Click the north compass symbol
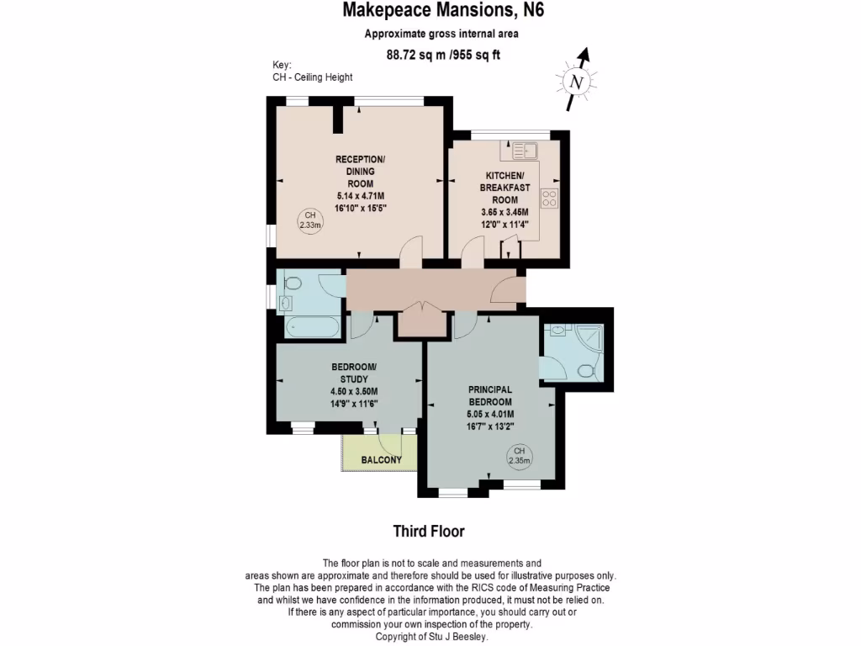click(576, 81)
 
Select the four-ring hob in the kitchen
click(550, 199)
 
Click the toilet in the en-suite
click(587, 369)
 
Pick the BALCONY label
click(380, 460)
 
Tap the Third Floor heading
click(429, 531)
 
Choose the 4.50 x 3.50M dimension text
click(354, 391)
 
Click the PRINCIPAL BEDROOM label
click(490, 395)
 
